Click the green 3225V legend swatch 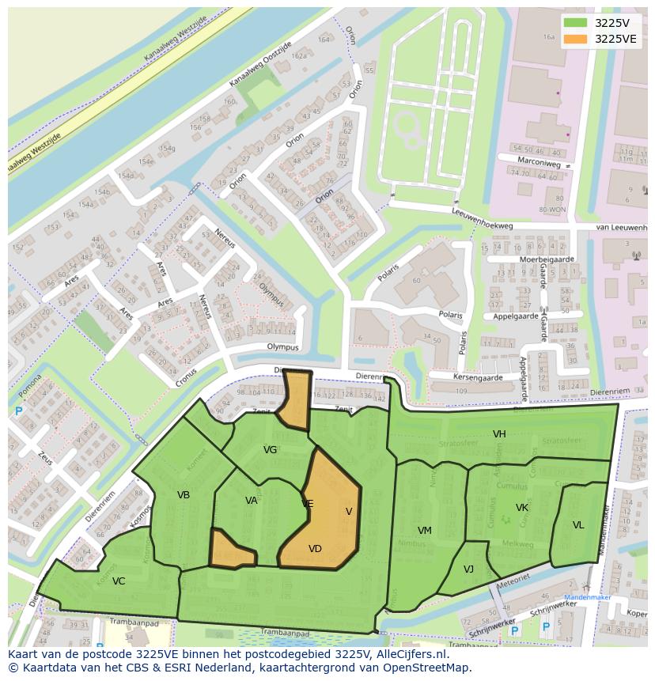(575, 23)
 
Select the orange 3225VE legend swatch (575, 39)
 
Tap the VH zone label (499, 434)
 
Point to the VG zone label (270, 450)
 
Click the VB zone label (184, 495)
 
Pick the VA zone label (252, 500)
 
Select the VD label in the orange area (315, 549)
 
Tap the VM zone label (425, 530)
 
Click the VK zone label (522, 507)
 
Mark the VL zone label (578, 525)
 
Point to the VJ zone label (468, 569)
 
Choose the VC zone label (119, 581)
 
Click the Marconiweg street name (541, 164)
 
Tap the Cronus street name (187, 377)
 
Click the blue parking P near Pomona (18, 411)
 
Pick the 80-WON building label (551, 210)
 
